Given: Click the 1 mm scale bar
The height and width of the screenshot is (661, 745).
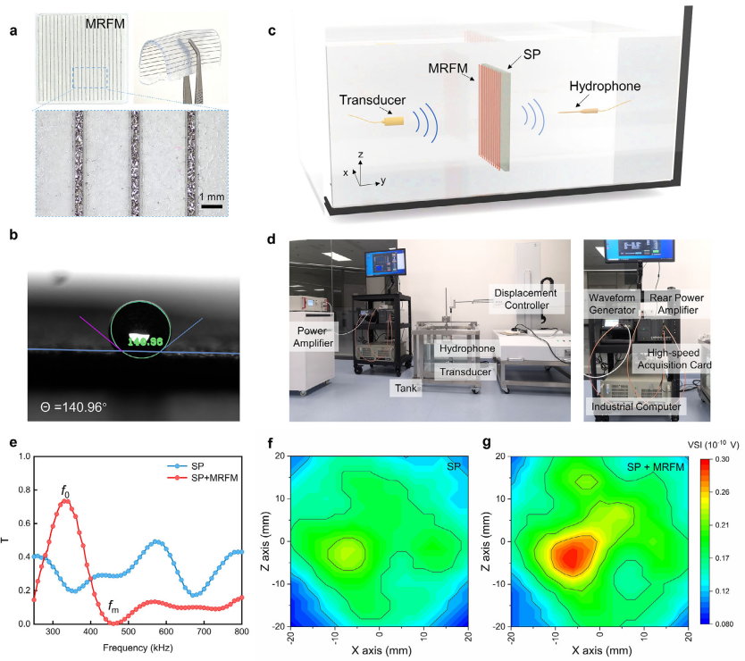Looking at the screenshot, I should (x=210, y=206).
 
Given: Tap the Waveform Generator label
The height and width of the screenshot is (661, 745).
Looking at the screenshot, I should (x=615, y=301).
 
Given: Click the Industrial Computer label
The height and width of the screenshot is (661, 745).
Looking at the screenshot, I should (x=634, y=406).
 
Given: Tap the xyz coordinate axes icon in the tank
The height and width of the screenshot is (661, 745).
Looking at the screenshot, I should (x=360, y=172).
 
